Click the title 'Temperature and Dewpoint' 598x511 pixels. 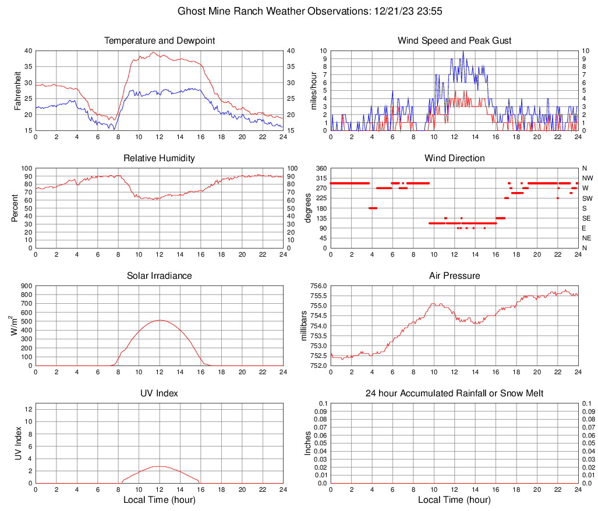click(x=159, y=41)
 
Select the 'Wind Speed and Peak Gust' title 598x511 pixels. click(x=454, y=41)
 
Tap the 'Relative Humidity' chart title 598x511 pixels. click(x=159, y=158)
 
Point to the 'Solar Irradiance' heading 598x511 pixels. click(x=159, y=275)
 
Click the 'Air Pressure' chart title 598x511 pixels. click(x=454, y=275)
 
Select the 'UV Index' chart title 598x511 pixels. click(x=159, y=393)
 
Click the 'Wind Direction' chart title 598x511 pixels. click(x=454, y=158)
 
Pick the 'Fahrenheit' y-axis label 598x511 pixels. click(x=17, y=91)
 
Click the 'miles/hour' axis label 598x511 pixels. click(x=313, y=91)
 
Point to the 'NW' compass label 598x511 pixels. click(x=588, y=178)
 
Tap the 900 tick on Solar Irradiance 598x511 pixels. click(x=26, y=286)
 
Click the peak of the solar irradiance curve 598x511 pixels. click(x=160, y=320)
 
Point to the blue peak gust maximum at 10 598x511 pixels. click(x=463, y=51)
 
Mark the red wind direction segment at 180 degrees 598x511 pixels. click(x=373, y=208)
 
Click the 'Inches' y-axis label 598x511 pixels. click(x=308, y=443)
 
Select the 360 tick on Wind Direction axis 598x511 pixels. click(x=320, y=168)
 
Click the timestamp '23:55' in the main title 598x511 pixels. click(x=409, y=11)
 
